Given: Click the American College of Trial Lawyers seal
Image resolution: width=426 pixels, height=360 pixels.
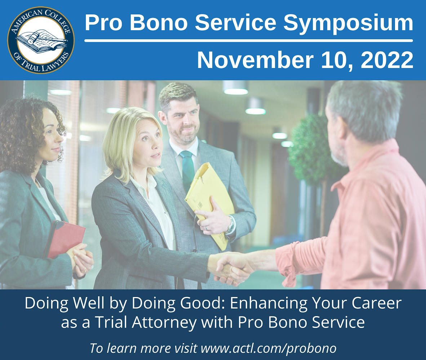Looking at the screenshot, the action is [41, 40].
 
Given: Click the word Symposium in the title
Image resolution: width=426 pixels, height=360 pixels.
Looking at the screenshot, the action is [348, 23].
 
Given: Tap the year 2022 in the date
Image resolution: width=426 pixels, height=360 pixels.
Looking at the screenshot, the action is [387, 60].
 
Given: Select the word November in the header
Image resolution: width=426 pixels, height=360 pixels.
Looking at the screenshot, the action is [255, 60].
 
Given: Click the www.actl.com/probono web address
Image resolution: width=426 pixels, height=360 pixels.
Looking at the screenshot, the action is [269, 348].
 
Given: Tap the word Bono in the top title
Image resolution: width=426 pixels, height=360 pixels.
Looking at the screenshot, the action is [158, 23].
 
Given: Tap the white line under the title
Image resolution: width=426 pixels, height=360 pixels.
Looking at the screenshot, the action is [249, 41].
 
